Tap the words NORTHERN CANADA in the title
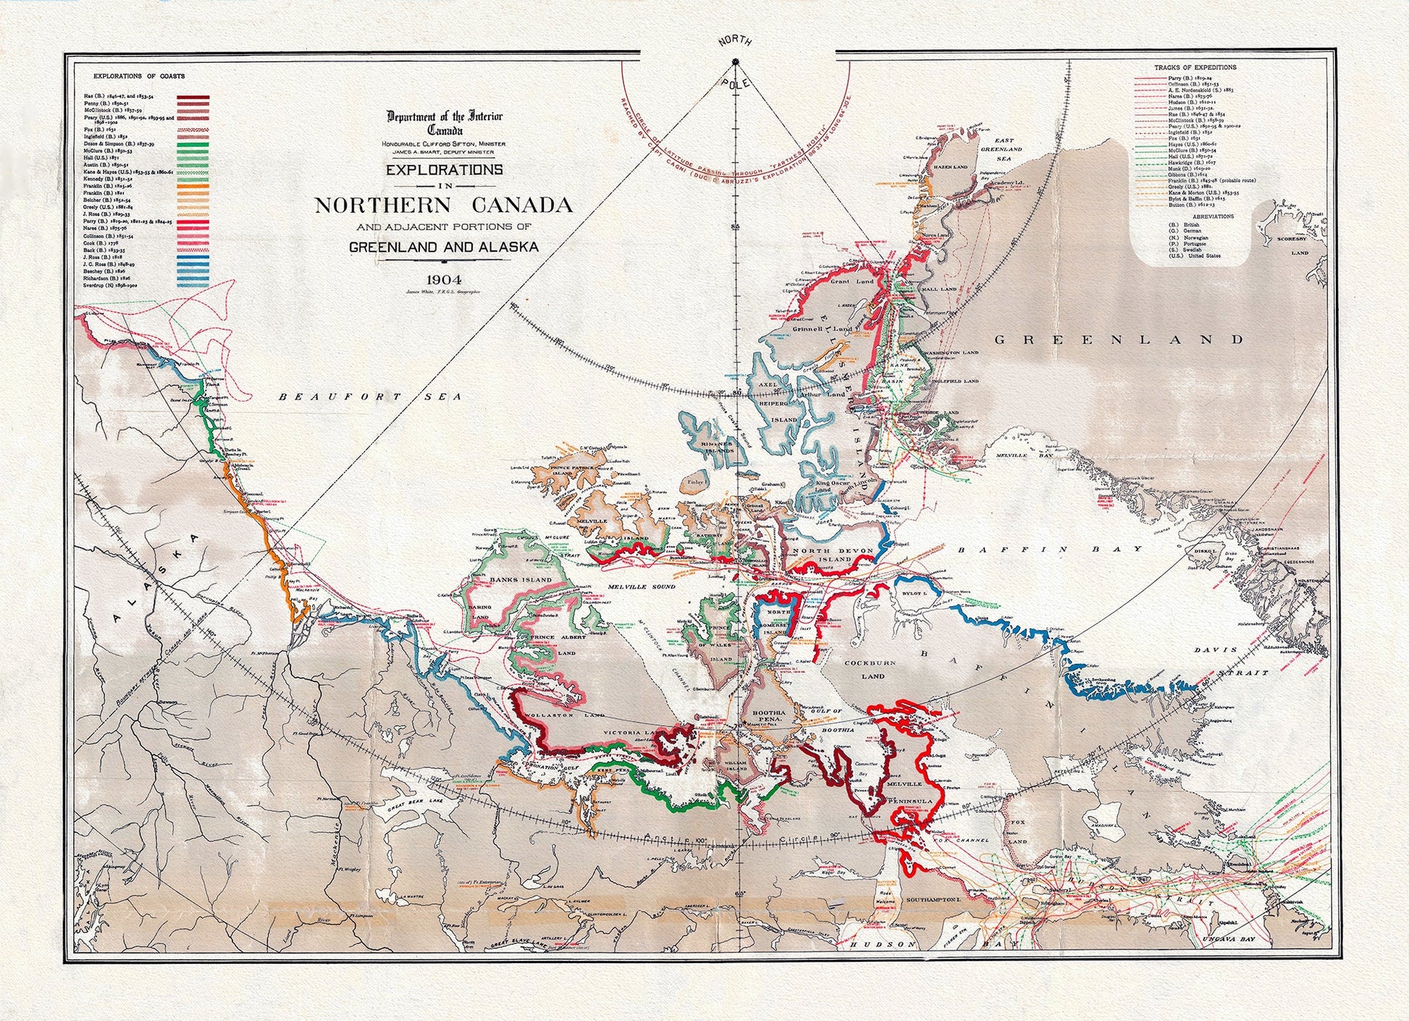point(444,205)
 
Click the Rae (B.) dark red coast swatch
point(193,96)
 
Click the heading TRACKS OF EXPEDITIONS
point(1195,67)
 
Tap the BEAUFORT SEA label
point(370,397)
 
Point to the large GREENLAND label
point(1119,339)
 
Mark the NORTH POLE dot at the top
point(736,62)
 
